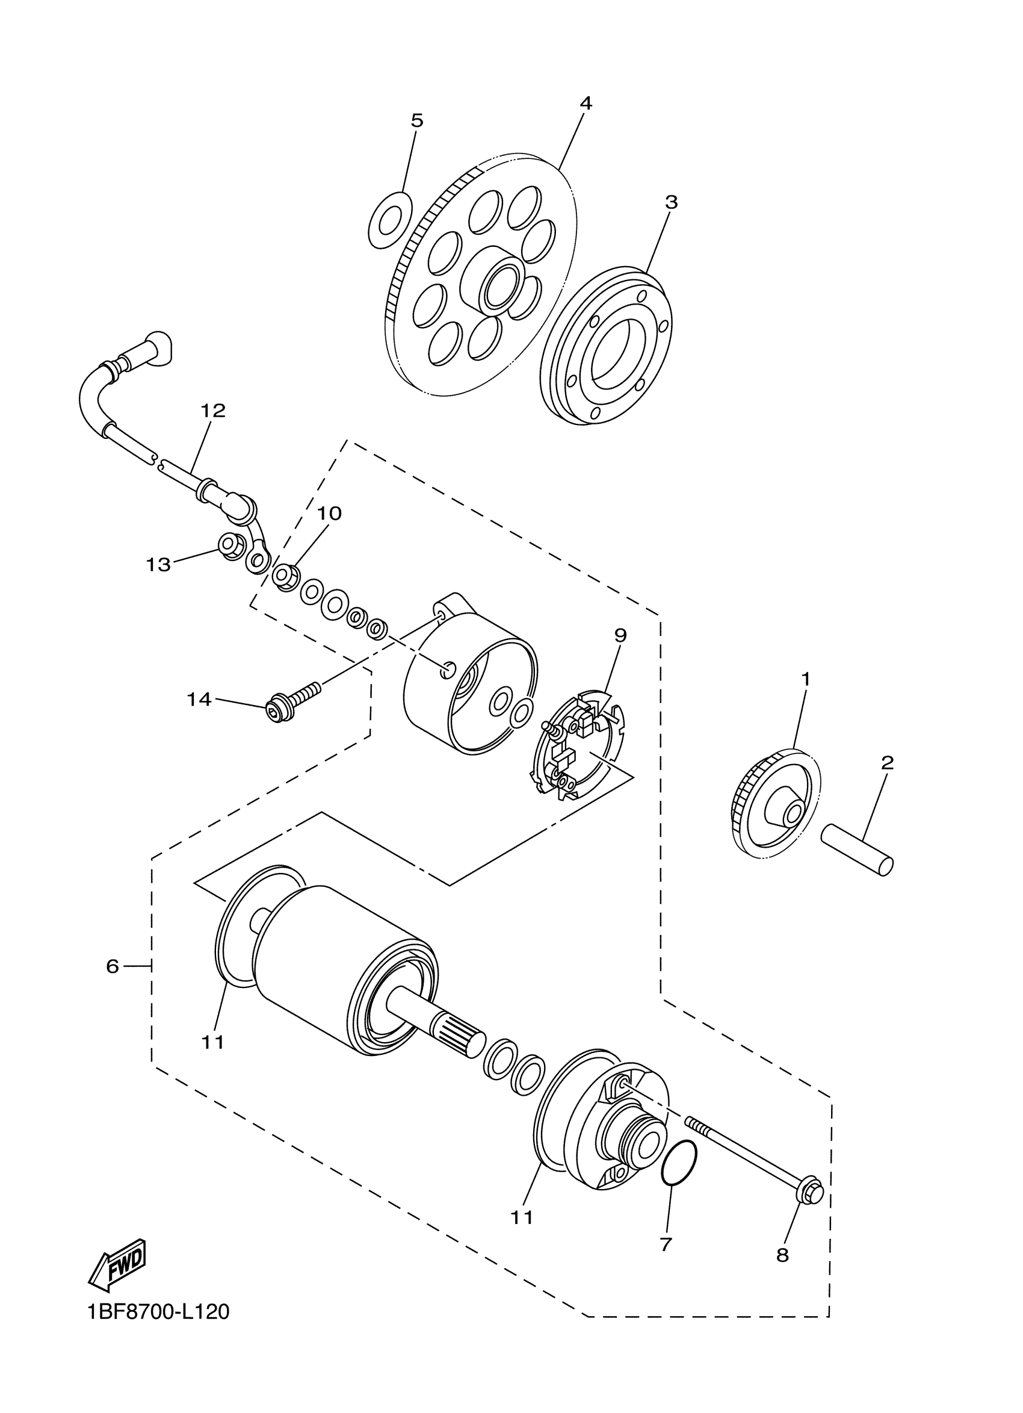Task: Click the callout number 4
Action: [586, 104]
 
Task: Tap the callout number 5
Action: [416, 121]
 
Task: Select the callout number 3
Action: [670, 202]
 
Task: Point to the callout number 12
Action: [213, 411]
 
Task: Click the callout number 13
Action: [158, 565]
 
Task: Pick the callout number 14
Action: [199, 700]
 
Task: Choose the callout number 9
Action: [620, 636]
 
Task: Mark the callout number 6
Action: [112, 966]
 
